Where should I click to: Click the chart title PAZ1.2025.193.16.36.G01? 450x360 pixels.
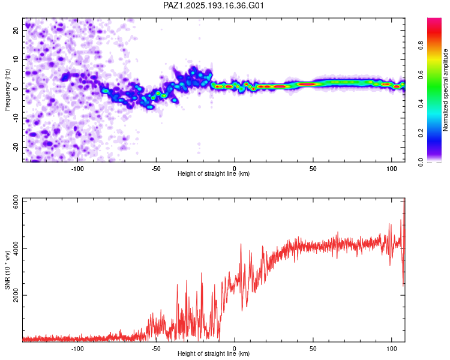point(214,5)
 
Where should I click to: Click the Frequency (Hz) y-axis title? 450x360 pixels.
point(7,90)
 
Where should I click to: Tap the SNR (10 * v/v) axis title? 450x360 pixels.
point(7,270)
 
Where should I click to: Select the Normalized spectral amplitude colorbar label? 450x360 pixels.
point(445,90)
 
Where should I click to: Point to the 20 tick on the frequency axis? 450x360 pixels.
point(16,30)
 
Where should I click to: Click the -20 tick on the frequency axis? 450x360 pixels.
point(16,147)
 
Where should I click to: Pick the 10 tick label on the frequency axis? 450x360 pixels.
point(16,59)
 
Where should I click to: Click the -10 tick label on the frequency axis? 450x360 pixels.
point(16,118)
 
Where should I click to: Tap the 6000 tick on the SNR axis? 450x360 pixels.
point(16,202)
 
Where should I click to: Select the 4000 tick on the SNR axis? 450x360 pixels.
point(16,248)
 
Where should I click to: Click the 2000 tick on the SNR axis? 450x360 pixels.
point(16,295)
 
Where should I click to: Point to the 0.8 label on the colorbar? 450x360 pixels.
point(421,46)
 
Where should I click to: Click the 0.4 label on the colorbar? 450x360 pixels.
point(421,104)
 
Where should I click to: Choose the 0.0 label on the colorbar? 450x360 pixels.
point(421,162)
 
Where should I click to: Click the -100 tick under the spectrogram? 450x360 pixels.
point(77,169)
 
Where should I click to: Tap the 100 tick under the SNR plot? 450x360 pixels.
point(392,349)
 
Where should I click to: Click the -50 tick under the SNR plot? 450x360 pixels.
point(156,349)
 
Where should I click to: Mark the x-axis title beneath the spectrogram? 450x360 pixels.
point(214,173)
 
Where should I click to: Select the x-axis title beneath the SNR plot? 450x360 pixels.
point(214,353)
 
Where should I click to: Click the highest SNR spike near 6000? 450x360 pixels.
point(404,199)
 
